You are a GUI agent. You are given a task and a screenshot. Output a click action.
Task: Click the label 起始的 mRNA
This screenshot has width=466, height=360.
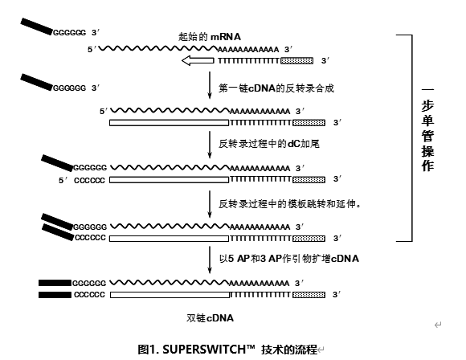point(210,37)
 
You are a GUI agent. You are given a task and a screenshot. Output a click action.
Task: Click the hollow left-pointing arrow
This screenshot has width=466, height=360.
point(198,60)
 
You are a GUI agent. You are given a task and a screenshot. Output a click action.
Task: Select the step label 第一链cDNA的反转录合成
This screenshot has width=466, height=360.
point(276,88)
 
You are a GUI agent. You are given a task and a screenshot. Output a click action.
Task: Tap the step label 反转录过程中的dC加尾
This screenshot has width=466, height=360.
point(269,144)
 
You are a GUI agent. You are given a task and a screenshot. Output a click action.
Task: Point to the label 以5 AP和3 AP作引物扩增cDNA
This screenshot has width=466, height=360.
point(289,259)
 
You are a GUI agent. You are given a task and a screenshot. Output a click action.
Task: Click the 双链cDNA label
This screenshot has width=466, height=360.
point(210,318)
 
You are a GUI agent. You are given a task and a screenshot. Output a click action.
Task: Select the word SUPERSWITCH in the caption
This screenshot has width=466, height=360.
point(209,350)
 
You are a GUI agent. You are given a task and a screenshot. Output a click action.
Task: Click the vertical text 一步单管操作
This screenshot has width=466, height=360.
point(427,129)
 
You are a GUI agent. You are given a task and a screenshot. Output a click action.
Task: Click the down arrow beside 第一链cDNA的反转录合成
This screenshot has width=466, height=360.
point(210,85)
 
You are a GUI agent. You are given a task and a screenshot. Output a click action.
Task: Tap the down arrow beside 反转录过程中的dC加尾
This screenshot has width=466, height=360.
point(210,145)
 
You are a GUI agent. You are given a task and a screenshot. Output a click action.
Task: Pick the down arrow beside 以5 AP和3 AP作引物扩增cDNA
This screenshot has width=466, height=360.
point(210,260)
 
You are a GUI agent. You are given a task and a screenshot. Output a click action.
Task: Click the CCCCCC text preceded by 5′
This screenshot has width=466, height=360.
point(89,181)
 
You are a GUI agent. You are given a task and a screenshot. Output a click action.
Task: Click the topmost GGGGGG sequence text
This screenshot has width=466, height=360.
point(70,33)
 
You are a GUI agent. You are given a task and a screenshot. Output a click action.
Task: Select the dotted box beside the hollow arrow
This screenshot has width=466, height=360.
point(297,60)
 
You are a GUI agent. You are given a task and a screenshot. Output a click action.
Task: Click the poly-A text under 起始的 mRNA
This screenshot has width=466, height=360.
point(248,49)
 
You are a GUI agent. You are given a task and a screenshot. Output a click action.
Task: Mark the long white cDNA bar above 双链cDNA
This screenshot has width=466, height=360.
point(170,295)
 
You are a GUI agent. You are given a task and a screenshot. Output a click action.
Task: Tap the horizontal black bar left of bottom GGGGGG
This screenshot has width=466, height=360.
point(55,283)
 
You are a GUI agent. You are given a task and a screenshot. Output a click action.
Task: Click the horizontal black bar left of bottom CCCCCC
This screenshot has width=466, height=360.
point(55,295)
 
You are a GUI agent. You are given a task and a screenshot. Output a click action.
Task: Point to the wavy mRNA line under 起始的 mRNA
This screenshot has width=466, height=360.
point(158,48)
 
